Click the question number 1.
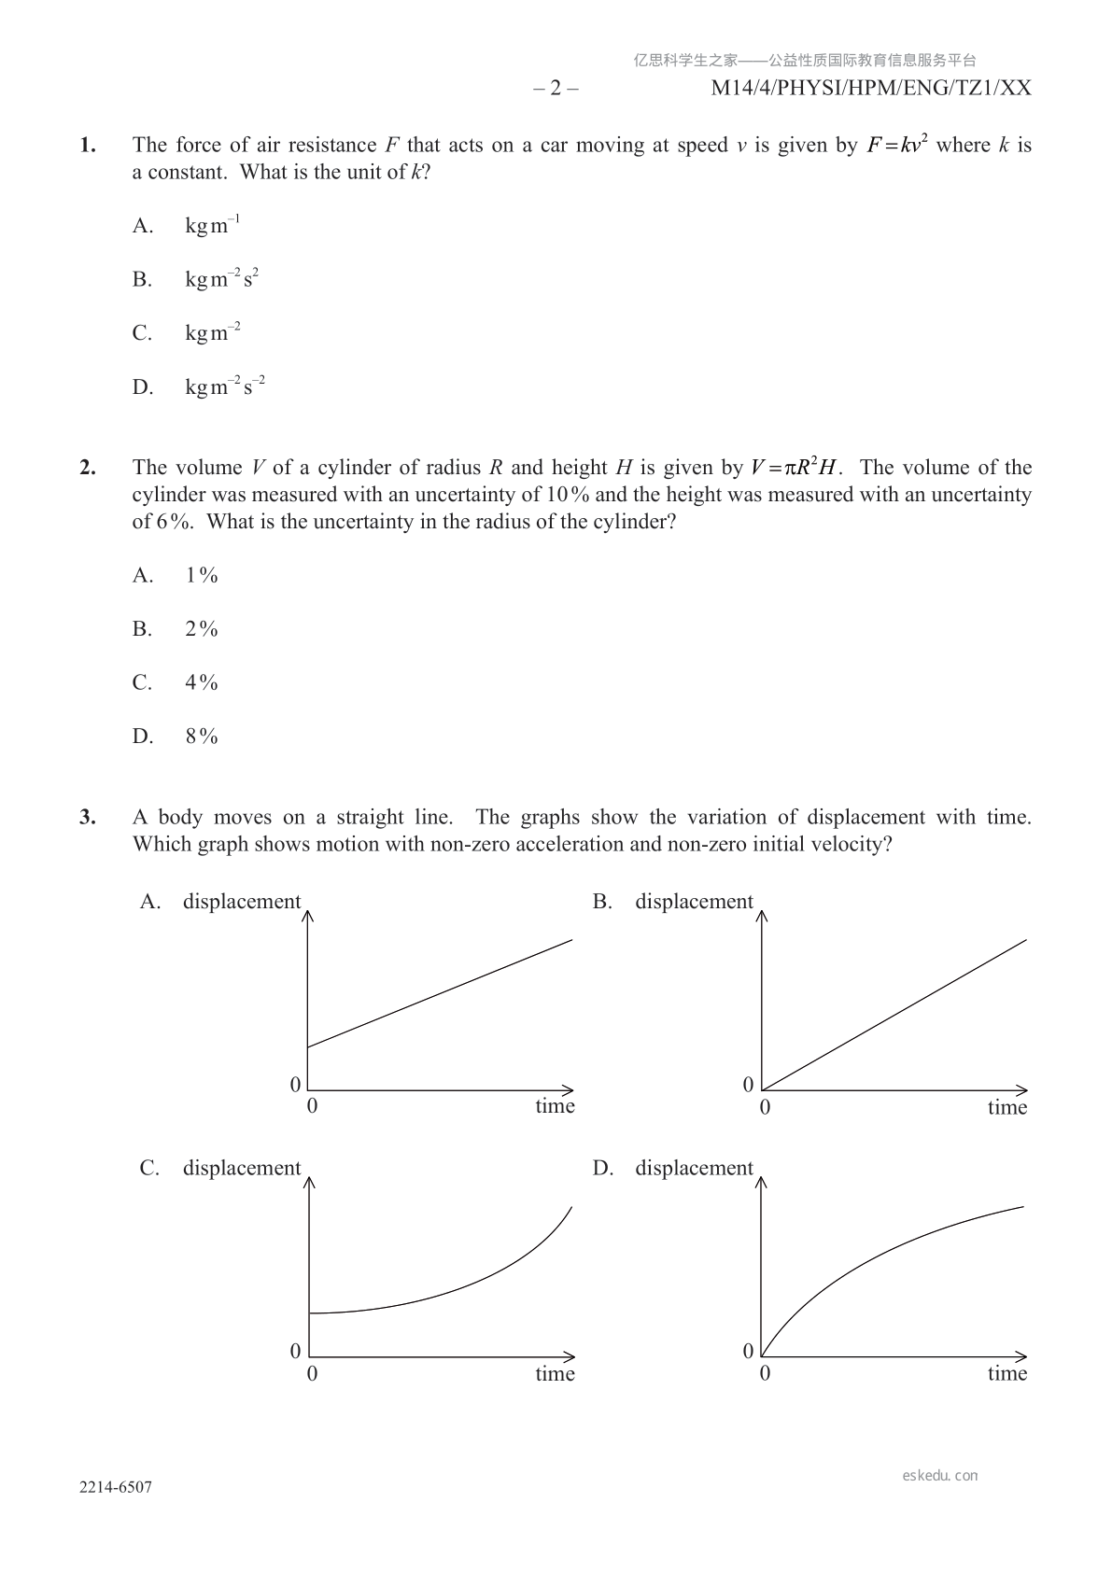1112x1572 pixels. coord(88,146)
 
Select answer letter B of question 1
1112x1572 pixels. coord(142,280)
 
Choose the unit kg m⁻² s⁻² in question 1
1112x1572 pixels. coord(225,386)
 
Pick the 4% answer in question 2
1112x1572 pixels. coord(202,683)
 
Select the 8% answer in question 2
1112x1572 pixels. coord(202,737)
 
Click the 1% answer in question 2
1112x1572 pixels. coord(202,576)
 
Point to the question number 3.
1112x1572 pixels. coord(88,818)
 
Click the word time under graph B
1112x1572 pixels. coord(1007,1108)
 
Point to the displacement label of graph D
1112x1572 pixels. coord(694,1169)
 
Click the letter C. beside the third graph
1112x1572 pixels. coord(149,1169)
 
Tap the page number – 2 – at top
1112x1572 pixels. coord(556,89)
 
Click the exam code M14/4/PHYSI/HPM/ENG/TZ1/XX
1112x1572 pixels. coord(871,89)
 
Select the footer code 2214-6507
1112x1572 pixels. coord(116,1488)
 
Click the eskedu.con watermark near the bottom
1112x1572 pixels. coord(940,1476)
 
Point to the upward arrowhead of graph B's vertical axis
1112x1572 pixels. coord(762,916)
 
